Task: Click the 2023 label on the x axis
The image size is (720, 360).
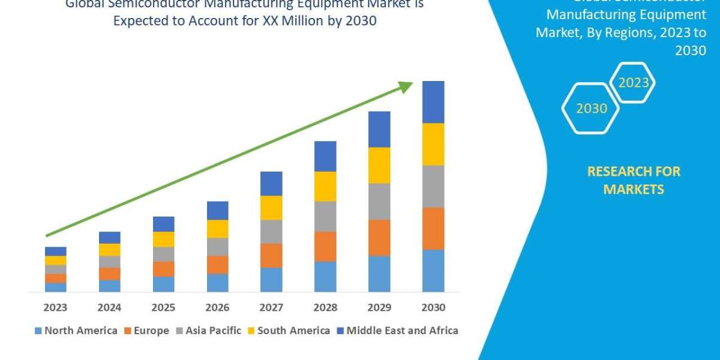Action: coord(55,308)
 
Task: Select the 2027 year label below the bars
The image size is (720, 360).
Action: coord(271,308)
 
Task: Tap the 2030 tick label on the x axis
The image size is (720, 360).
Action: coord(433,308)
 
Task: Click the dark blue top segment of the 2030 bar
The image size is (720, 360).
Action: coord(433,102)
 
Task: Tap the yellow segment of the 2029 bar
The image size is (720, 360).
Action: coord(379,165)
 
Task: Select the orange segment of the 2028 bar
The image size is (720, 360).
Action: coord(325,247)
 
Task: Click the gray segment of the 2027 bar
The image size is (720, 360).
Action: coord(271,232)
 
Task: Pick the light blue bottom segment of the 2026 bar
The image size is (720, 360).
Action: coord(217,283)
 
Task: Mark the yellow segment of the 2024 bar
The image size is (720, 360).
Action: coord(109,250)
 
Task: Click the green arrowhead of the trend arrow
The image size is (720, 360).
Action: coord(406,88)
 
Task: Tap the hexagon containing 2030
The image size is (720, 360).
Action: coord(591,109)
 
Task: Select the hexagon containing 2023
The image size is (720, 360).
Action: coord(633,83)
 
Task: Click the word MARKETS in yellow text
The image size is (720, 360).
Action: coord(634,190)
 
